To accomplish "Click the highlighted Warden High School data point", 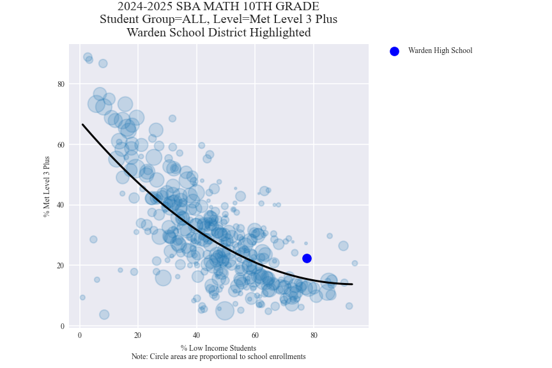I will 307,258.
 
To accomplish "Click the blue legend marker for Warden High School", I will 394,51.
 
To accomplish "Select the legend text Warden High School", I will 440,51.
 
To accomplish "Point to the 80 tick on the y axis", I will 61,84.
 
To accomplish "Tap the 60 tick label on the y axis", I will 61,144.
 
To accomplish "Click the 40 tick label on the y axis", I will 61,205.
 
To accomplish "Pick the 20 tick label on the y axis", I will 61,266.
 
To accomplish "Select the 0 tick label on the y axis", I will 63,326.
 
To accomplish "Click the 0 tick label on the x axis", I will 80,335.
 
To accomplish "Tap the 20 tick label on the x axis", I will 138,335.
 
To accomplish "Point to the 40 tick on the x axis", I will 197,335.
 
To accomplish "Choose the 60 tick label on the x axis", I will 255,335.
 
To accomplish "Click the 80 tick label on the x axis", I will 314,335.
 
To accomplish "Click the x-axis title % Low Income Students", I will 218,348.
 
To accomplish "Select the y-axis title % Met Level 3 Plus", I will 47,187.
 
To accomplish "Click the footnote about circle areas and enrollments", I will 218,356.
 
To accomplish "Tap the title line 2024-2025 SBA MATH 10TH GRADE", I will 218,7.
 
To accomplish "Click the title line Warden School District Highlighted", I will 218,33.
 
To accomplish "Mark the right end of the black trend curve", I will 352,284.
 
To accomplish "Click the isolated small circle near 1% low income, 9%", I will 82,297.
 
